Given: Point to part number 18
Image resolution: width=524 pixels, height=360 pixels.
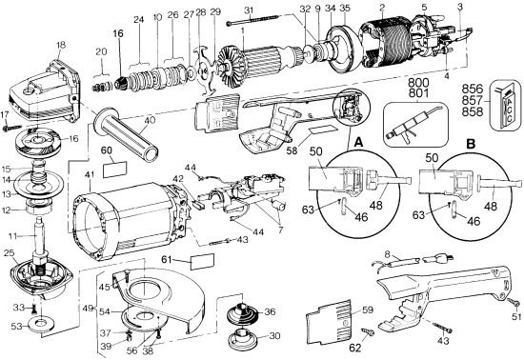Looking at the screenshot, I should (61, 46).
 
